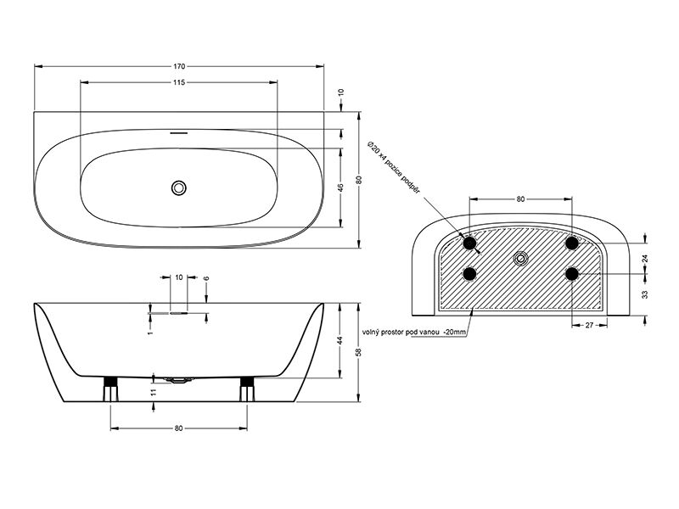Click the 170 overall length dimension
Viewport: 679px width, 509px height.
179,66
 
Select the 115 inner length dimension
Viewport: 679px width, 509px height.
179,82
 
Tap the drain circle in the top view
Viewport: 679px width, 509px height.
178,187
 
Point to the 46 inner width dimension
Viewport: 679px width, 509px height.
341,187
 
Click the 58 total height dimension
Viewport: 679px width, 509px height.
358,352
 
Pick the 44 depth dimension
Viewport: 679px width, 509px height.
341,340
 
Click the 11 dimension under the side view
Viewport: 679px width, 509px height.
153,392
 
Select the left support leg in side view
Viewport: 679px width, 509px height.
111,389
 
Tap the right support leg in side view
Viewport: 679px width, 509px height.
247,389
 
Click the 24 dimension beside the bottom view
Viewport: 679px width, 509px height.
645,259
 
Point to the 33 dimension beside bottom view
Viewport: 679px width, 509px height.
645,294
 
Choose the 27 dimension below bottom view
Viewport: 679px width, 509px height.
589,325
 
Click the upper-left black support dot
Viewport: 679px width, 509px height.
469,243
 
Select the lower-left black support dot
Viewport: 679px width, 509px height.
469,273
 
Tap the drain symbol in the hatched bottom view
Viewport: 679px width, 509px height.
521,259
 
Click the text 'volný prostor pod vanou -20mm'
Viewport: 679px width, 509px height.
414,333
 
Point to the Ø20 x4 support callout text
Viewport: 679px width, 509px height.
393,167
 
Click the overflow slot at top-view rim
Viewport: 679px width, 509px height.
178,133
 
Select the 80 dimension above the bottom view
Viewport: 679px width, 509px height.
520,199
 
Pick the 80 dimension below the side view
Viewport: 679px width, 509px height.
179,428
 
